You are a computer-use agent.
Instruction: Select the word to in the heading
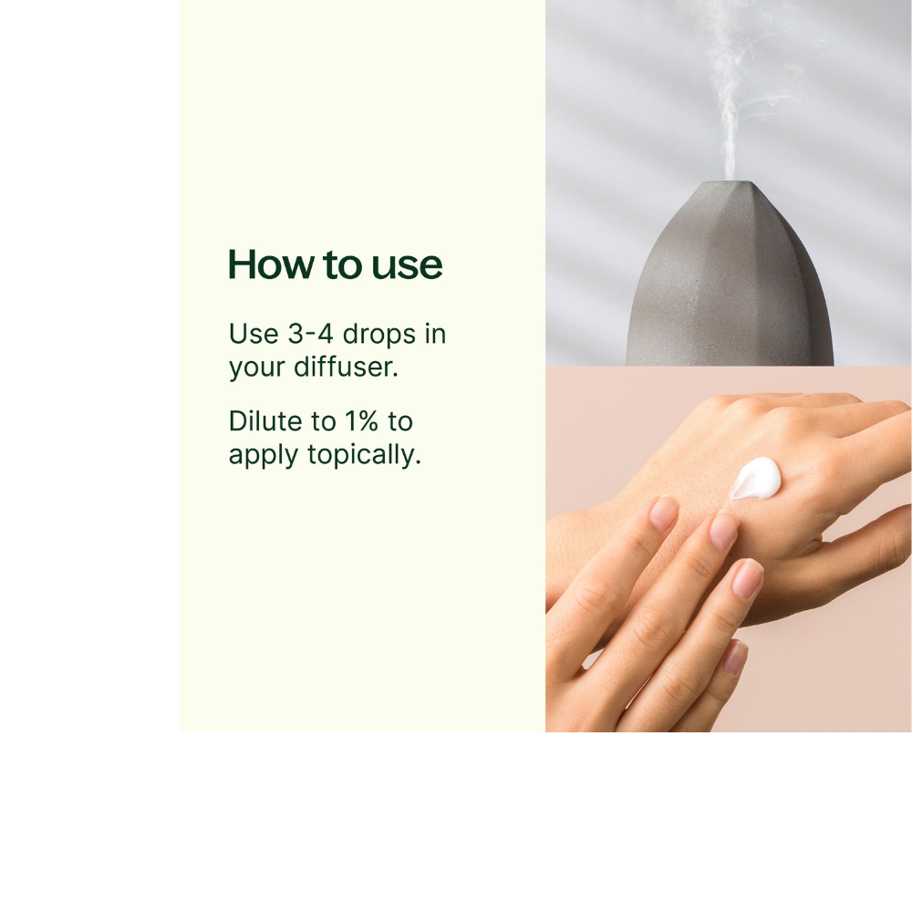[x=342, y=265]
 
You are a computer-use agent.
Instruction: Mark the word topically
[x=365, y=455]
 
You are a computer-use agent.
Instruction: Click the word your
[x=256, y=369]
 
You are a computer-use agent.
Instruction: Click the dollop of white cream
[x=756, y=478]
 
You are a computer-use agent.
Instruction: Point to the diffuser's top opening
[x=728, y=183]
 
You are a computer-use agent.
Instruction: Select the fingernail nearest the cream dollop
[x=723, y=531]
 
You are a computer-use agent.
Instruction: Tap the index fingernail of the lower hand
[x=663, y=513]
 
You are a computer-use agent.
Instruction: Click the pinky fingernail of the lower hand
[x=734, y=657]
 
